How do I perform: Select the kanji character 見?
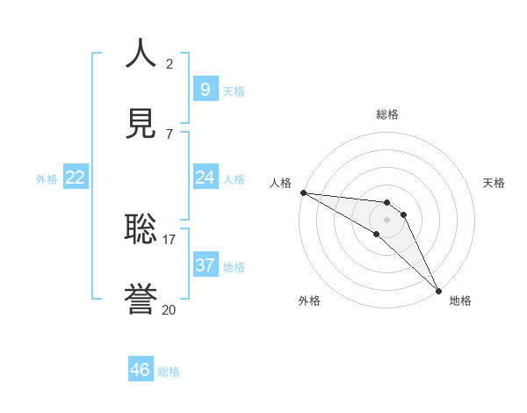pos(141,123)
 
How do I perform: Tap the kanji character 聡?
pos(141,228)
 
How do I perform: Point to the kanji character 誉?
pos(141,300)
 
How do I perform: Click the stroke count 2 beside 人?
pos(170,63)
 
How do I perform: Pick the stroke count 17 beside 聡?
pos(170,238)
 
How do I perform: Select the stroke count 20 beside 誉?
pos(170,309)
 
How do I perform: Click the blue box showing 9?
pos(205,89)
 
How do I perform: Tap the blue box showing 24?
pos(205,177)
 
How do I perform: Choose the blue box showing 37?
pos(205,264)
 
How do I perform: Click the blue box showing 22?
pos(76,177)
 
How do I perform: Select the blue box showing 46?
pos(140,369)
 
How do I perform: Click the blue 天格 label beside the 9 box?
pos(234,91)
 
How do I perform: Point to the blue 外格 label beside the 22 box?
pos(47,179)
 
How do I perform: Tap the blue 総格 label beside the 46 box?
pos(169,372)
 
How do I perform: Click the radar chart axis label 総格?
pos(387,114)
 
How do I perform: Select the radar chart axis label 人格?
pos(280,183)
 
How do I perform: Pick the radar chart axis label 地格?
pos(460,301)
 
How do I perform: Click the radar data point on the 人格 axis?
pos(303,192)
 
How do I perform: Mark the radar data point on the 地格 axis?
pos(438,291)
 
